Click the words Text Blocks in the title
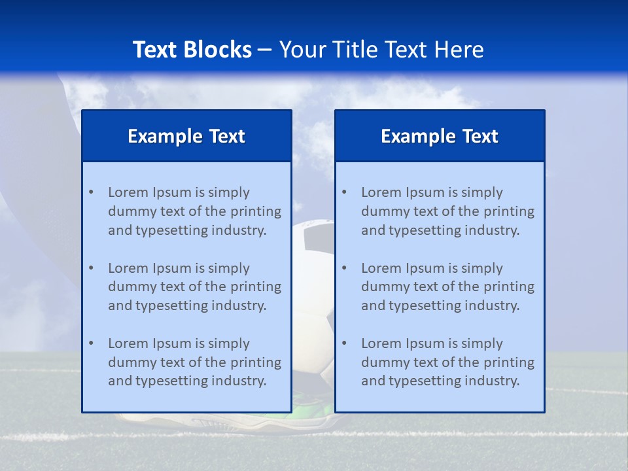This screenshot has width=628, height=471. pos(192,50)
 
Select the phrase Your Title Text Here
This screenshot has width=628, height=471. pos(381,50)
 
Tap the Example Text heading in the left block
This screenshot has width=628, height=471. pos(186,136)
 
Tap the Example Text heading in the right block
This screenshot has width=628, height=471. pos(440,136)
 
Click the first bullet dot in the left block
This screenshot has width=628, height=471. pos(91,192)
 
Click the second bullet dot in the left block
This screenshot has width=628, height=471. pos(91,268)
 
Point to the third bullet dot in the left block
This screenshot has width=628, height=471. pos(91,343)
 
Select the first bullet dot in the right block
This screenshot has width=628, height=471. pos(344,192)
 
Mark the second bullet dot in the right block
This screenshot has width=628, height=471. pos(344,268)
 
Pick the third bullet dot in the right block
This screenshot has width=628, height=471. pos(344,343)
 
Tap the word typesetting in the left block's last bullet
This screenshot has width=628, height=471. pos(171,381)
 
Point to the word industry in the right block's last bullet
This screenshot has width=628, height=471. pos(494,381)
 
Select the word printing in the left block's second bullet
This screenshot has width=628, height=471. pos(257,287)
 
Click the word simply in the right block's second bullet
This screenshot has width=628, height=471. pos(481,268)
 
